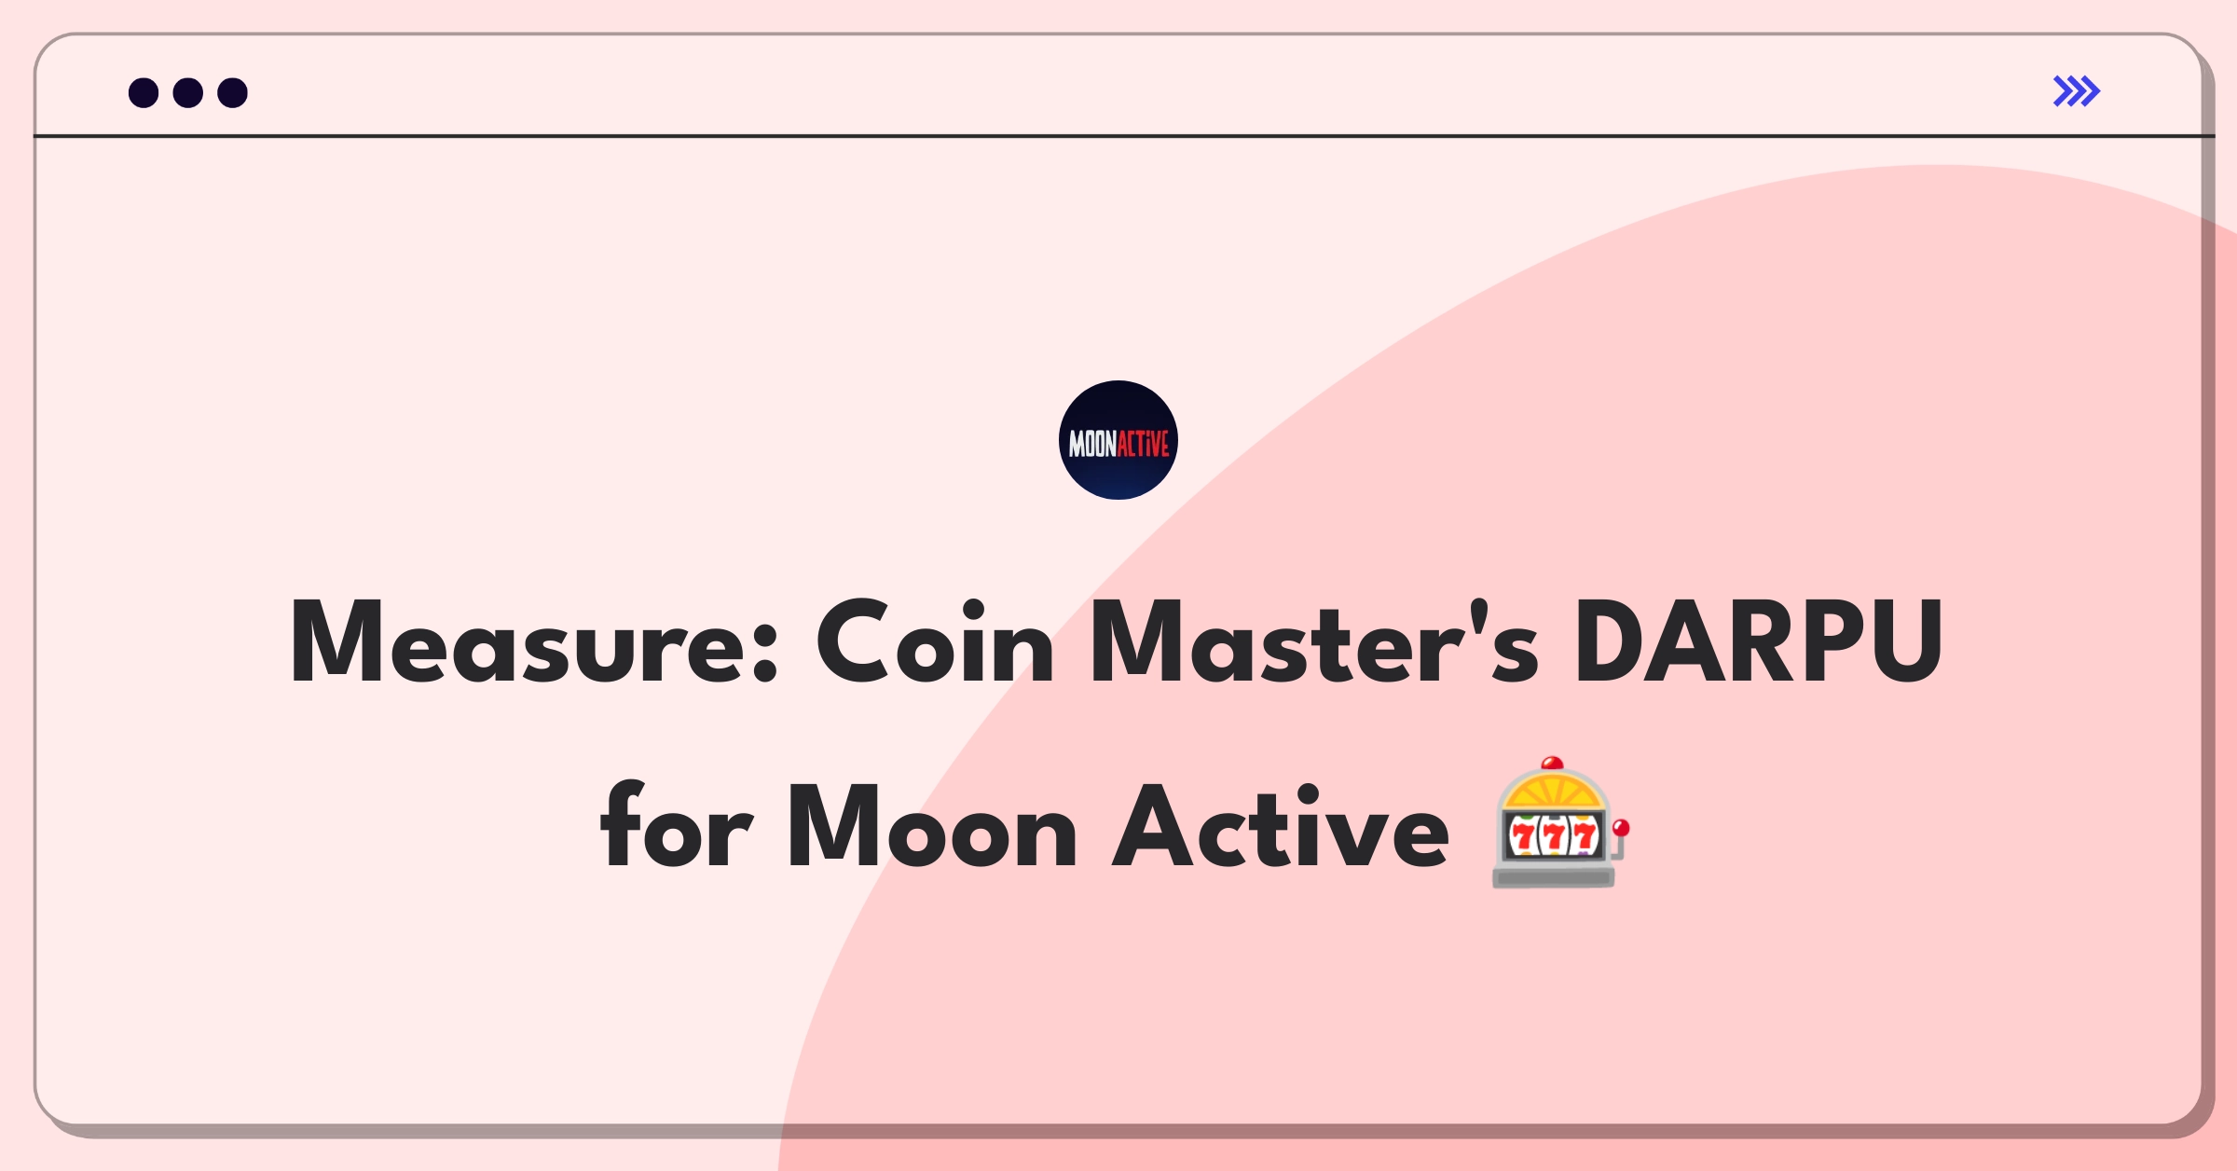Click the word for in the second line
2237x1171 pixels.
click(676, 825)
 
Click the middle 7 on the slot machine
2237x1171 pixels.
click(1553, 836)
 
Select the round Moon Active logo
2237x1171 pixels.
click(1118, 440)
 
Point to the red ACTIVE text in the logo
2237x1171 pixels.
click(1143, 444)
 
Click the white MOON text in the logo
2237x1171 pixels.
click(1092, 444)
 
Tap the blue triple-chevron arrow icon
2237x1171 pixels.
click(2077, 91)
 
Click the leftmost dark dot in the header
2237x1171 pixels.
click(144, 92)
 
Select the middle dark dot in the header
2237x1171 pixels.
click(188, 92)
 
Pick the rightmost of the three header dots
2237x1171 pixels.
click(232, 92)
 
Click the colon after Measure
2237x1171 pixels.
click(764, 652)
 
